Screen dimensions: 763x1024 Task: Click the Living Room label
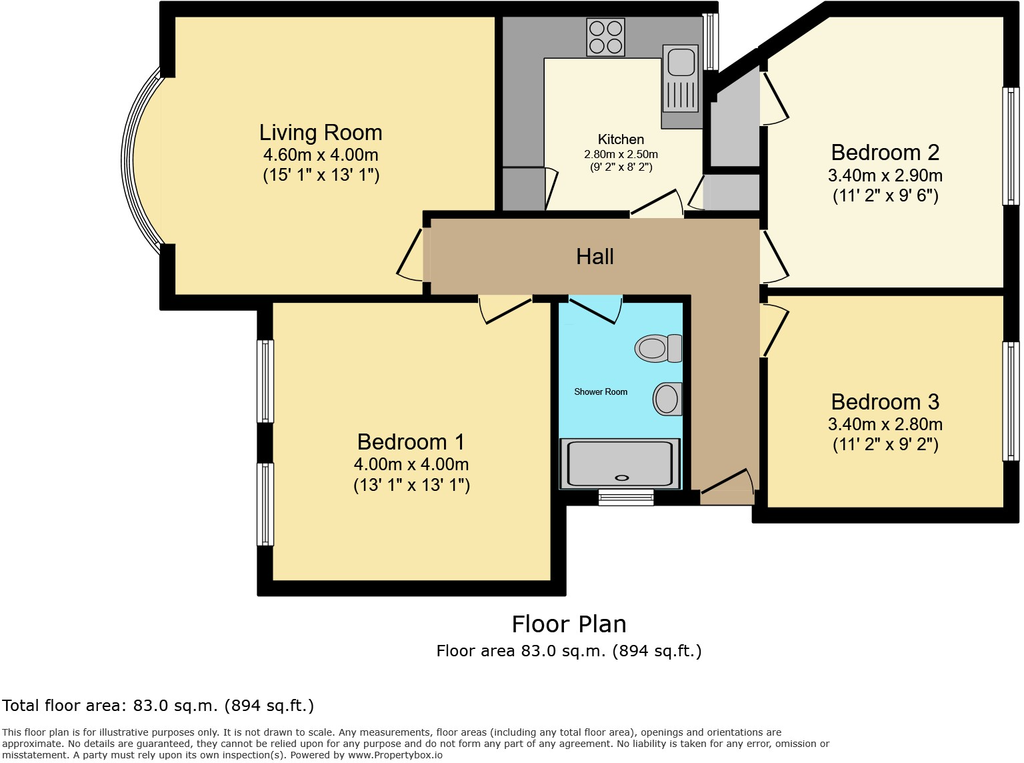(321, 133)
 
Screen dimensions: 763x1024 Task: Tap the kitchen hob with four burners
(605, 37)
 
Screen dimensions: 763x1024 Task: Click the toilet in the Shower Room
(659, 348)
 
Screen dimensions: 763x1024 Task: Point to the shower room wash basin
(667, 399)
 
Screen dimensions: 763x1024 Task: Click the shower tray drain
(622, 478)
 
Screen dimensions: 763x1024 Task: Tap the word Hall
(595, 257)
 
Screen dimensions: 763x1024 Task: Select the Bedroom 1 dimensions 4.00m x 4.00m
(411, 464)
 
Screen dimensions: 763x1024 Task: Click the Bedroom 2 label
(885, 153)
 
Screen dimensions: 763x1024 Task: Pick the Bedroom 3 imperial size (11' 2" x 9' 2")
(885, 445)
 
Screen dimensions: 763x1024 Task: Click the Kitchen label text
(621, 139)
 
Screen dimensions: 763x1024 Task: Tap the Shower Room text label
(601, 392)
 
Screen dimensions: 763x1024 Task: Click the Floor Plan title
(569, 624)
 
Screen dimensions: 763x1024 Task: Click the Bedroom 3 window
(1011, 401)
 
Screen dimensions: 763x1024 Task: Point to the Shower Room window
(625, 497)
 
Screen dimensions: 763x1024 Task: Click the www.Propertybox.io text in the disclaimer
(395, 755)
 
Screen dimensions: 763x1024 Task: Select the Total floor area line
(158, 706)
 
